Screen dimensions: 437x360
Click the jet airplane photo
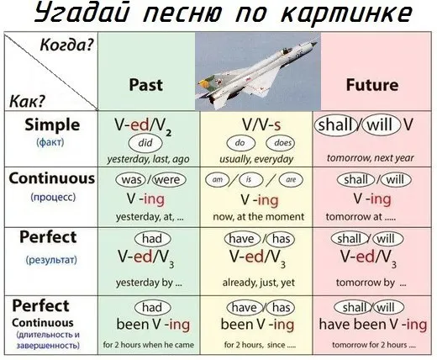[258, 71]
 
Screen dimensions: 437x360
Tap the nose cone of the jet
[314, 44]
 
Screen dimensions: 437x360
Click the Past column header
[146, 85]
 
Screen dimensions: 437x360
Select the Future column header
[372, 85]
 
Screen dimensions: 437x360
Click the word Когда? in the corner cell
[66, 45]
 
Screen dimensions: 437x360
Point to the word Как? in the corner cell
[28, 101]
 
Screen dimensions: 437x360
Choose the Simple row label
[52, 124]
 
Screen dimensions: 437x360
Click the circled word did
[145, 143]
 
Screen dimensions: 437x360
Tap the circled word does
[280, 143]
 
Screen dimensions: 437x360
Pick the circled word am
[218, 180]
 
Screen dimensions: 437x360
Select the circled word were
[169, 180]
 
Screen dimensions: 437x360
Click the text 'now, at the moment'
[258, 217]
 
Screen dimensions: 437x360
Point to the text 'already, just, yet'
[258, 283]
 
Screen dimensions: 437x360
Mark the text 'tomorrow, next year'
[370, 158]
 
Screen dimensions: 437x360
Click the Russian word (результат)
[51, 260]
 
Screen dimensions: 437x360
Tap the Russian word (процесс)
[53, 197]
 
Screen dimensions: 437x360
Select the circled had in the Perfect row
[153, 239]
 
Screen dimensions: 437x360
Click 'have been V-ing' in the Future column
[373, 325]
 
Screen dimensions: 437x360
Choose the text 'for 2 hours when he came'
[149, 345]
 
